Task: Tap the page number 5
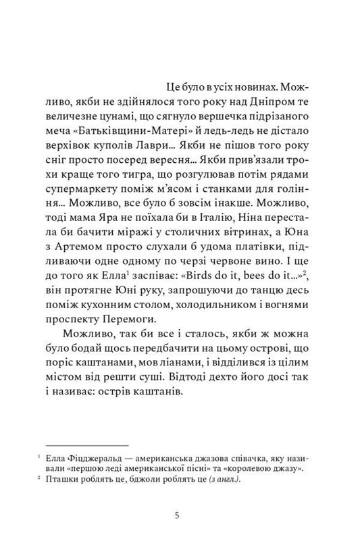pyautogui.click(x=177, y=516)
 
